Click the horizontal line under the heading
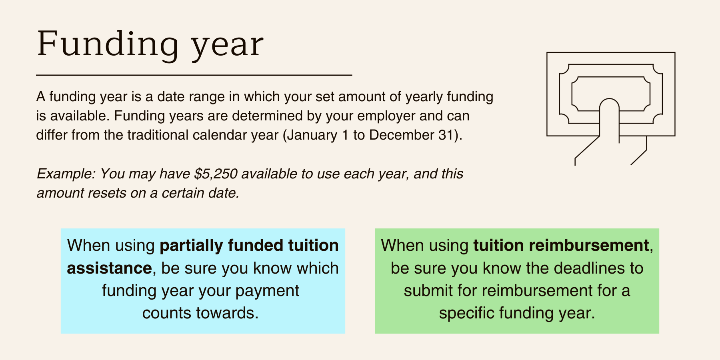[194, 75]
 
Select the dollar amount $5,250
[216, 174]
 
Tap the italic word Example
[66, 174]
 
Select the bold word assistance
[109, 268]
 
